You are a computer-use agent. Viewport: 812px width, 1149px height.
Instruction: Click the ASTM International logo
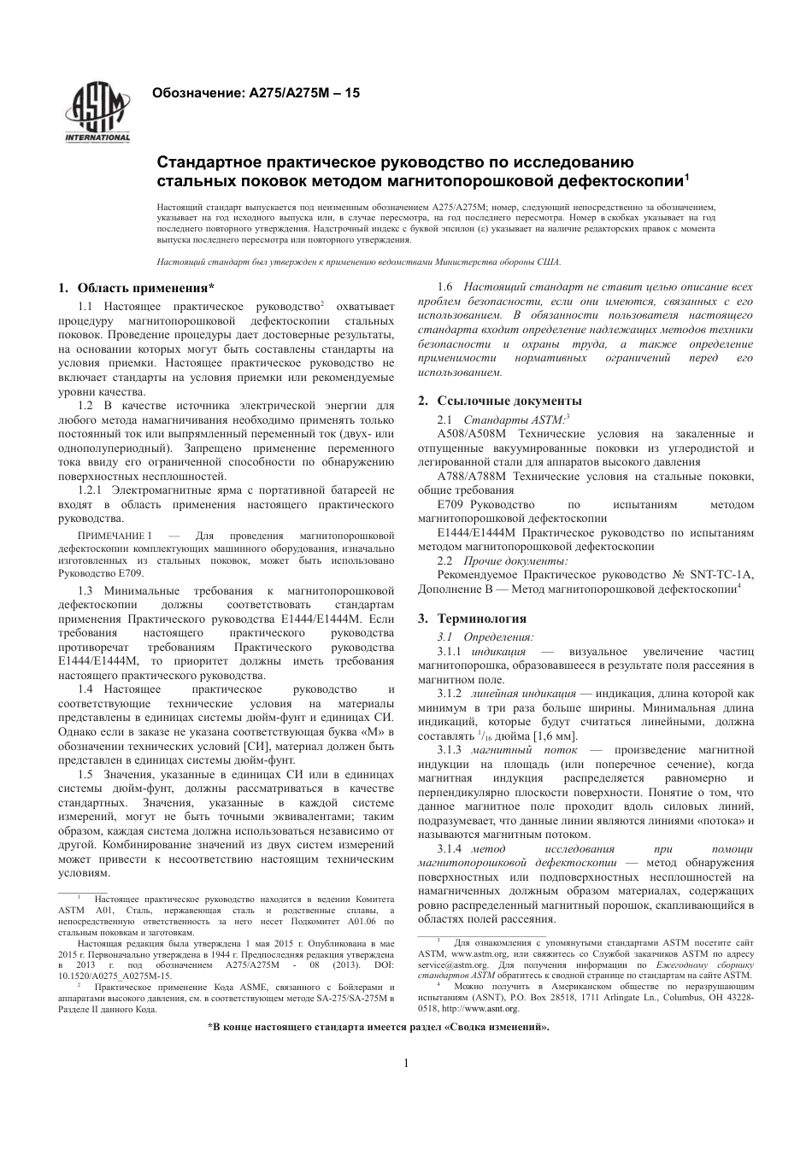pyautogui.click(x=97, y=113)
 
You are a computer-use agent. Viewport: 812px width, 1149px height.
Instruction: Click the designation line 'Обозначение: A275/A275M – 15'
pyautogui.click(x=256, y=92)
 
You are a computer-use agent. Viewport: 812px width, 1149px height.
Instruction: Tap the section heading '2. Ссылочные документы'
pyautogui.click(x=500, y=401)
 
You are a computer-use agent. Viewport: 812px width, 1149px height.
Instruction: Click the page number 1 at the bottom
pyautogui.click(x=406, y=1063)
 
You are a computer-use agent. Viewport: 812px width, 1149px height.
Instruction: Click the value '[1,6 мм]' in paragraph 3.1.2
pyautogui.click(x=556, y=736)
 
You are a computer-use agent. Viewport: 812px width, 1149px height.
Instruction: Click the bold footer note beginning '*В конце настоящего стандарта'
pyautogui.click(x=380, y=1028)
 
